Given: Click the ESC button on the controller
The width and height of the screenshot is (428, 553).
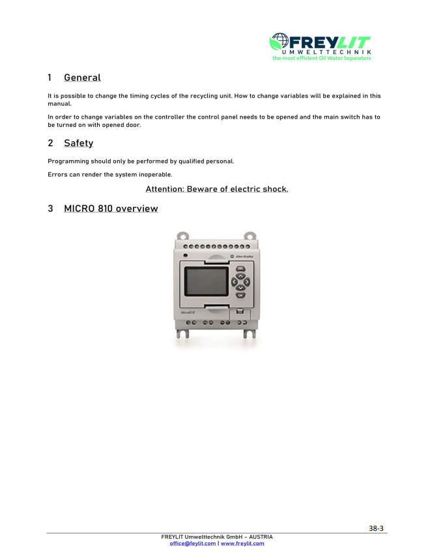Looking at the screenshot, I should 240,268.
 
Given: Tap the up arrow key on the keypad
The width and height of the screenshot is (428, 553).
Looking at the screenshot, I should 240,276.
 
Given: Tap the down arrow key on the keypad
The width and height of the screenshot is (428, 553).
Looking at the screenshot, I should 240,288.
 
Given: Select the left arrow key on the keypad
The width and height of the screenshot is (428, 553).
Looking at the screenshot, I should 235,282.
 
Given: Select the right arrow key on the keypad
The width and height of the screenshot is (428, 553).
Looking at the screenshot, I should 247,282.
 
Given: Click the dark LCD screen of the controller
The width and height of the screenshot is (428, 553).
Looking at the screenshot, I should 207,281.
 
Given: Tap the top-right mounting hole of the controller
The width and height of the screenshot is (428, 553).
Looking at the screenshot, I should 249,236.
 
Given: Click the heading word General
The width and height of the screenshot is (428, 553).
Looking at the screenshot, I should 82,78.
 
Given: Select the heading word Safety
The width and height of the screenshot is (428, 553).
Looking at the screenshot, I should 78,143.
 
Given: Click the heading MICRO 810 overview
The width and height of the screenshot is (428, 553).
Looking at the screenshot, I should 111,208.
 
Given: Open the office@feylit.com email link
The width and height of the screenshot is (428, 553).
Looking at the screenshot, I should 192,543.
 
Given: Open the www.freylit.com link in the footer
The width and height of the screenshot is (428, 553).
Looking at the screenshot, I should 242,543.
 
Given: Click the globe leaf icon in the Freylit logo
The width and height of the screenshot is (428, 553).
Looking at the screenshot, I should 279,43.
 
